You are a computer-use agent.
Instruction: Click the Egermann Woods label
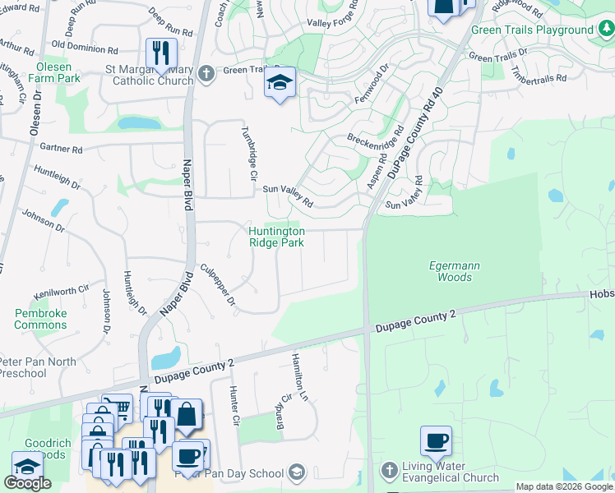451,271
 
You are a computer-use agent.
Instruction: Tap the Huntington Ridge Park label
277,237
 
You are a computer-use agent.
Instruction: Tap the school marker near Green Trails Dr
280,83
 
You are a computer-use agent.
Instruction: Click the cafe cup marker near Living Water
436,441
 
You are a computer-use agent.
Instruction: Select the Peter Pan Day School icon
297,472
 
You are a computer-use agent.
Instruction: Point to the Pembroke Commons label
41,319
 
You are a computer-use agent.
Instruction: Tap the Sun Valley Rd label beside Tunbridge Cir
288,196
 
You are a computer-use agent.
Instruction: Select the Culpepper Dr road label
219,285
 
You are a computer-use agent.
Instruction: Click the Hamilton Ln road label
298,377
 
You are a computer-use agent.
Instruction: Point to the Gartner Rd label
61,150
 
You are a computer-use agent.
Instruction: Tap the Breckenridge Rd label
377,142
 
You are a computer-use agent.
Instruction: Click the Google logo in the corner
27,483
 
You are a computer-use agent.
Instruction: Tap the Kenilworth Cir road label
61,290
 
